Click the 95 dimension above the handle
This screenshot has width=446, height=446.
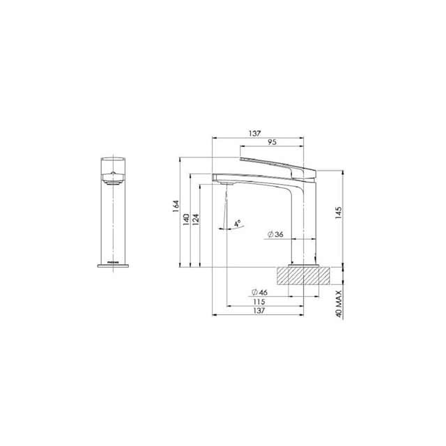tap(272, 142)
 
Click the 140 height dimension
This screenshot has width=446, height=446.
tap(187, 218)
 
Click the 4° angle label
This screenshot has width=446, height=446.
tap(237, 224)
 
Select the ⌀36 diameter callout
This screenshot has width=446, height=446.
tap(275, 236)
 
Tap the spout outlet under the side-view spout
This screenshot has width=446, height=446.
tap(224, 183)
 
